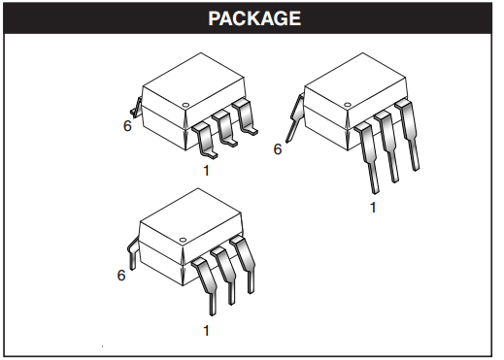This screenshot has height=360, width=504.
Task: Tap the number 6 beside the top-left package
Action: (127, 125)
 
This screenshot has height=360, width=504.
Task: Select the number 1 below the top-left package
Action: (207, 171)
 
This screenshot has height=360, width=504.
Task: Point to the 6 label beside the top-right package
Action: (278, 148)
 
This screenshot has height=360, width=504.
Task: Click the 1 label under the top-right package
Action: (373, 207)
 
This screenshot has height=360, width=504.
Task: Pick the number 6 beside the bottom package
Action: (121, 275)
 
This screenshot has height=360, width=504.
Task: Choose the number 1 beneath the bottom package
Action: (207, 331)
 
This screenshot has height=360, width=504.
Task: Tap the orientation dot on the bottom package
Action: (185, 236)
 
